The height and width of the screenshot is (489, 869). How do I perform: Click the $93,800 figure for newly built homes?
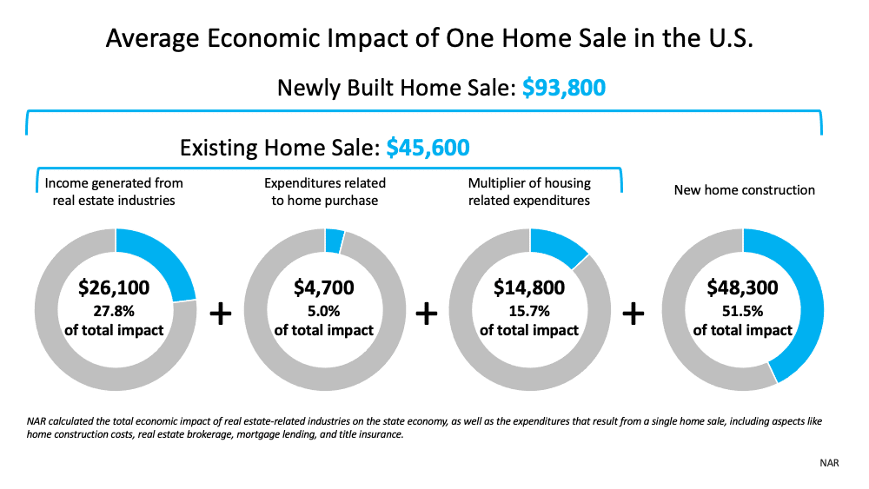tap(564, 88)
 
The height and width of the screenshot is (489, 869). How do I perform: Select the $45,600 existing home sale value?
tap(428, 148)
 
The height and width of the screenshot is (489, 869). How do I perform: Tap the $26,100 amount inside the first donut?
tap(114, 287)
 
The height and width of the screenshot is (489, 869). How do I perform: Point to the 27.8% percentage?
tap(114, 311)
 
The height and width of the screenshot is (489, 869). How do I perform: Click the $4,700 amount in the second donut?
tap(323, 287)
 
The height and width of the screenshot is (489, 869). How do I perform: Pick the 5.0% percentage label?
tap(323, 311)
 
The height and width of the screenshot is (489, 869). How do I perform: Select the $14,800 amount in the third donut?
tap(529, 287)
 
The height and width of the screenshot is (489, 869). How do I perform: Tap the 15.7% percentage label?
tap(529, 311)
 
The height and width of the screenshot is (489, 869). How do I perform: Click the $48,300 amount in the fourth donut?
tap(743, 287)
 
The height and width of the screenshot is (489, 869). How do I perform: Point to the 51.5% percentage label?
tap(743, 311)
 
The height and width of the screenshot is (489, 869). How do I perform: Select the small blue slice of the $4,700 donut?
tap(335, 241)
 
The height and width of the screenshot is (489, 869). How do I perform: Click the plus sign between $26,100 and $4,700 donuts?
tap(221, 314)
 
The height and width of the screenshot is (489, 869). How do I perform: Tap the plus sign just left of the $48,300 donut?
tap(633, 314)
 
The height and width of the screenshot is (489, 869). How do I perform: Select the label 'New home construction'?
tap(745, 190)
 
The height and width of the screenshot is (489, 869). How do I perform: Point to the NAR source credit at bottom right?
tap(829, 463)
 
